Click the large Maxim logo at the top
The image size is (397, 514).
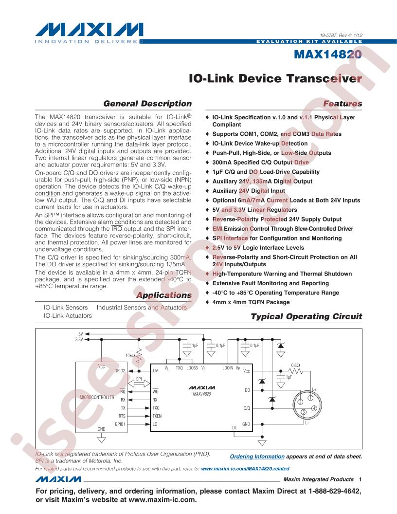[89, 30]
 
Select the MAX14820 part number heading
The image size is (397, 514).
[327, 54]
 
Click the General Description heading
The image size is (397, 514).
[147, 104]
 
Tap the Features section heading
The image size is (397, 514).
[343, 104]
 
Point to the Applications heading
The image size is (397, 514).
[164, 295]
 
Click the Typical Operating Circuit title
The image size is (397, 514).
[307, 316]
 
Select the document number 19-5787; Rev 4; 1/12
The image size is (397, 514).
[341, 35]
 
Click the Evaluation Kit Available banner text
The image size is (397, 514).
[309, 42]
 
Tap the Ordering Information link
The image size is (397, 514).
[257, 456]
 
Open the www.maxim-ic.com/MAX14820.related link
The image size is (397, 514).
[245, 469]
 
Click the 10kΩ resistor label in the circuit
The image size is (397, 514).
[130, 355]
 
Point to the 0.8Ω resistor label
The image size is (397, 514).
[295, 365]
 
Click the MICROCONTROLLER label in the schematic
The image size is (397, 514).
[97, 397]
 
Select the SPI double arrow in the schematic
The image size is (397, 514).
[139, 383]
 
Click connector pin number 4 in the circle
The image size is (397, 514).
[314, 408]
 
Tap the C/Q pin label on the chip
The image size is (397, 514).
[247, 408]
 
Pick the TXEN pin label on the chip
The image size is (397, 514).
[157, 416]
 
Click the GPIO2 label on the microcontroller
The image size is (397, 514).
[120, 371]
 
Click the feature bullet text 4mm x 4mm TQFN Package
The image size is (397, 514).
[251, 302]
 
